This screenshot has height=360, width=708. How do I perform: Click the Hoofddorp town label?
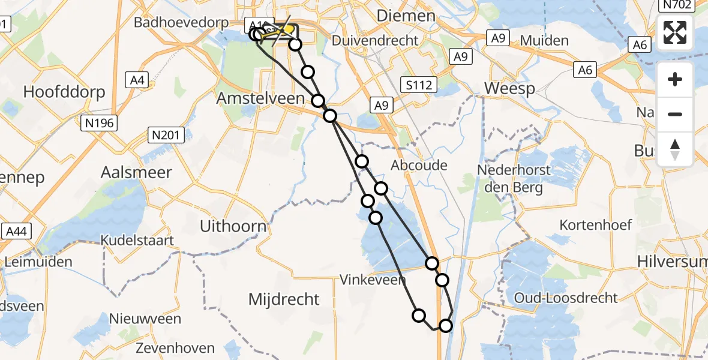pyautogui.click(x=64, y=92)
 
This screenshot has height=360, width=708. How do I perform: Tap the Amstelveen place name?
pyautogui.click(x=260, y=98)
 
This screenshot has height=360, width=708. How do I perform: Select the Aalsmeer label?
pyautogui.click(x=136, y=172)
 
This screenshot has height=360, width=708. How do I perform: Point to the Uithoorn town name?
pyautogui.click(x=233, y=226)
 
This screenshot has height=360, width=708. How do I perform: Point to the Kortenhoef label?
pyautogui.click(x=596, y=225)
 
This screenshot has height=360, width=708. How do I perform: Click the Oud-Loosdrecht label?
pyautogui.click(x=566, y=298)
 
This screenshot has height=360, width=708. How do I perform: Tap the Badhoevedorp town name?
pyautogui.click(x=181, y=22)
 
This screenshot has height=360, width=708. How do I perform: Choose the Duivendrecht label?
pyautogui.click(x=376, y=41)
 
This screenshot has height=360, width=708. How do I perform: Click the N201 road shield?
pyautogui.click(x=166, y=136)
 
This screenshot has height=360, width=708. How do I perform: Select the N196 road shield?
pyautogui.click(x=100, y=124)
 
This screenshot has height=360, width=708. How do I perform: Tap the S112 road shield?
pyautogui.click(x=419, y=85)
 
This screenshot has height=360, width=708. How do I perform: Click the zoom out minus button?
pyautogui.click(x=675, y=114)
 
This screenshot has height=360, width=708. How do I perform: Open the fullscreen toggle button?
pyautogui.click(x=675, y=32)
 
